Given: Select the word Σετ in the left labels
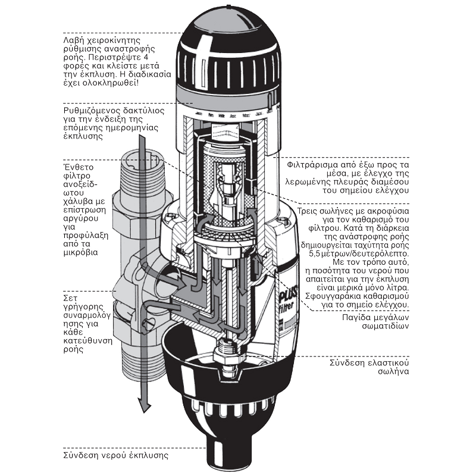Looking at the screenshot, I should tap(71, 297).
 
